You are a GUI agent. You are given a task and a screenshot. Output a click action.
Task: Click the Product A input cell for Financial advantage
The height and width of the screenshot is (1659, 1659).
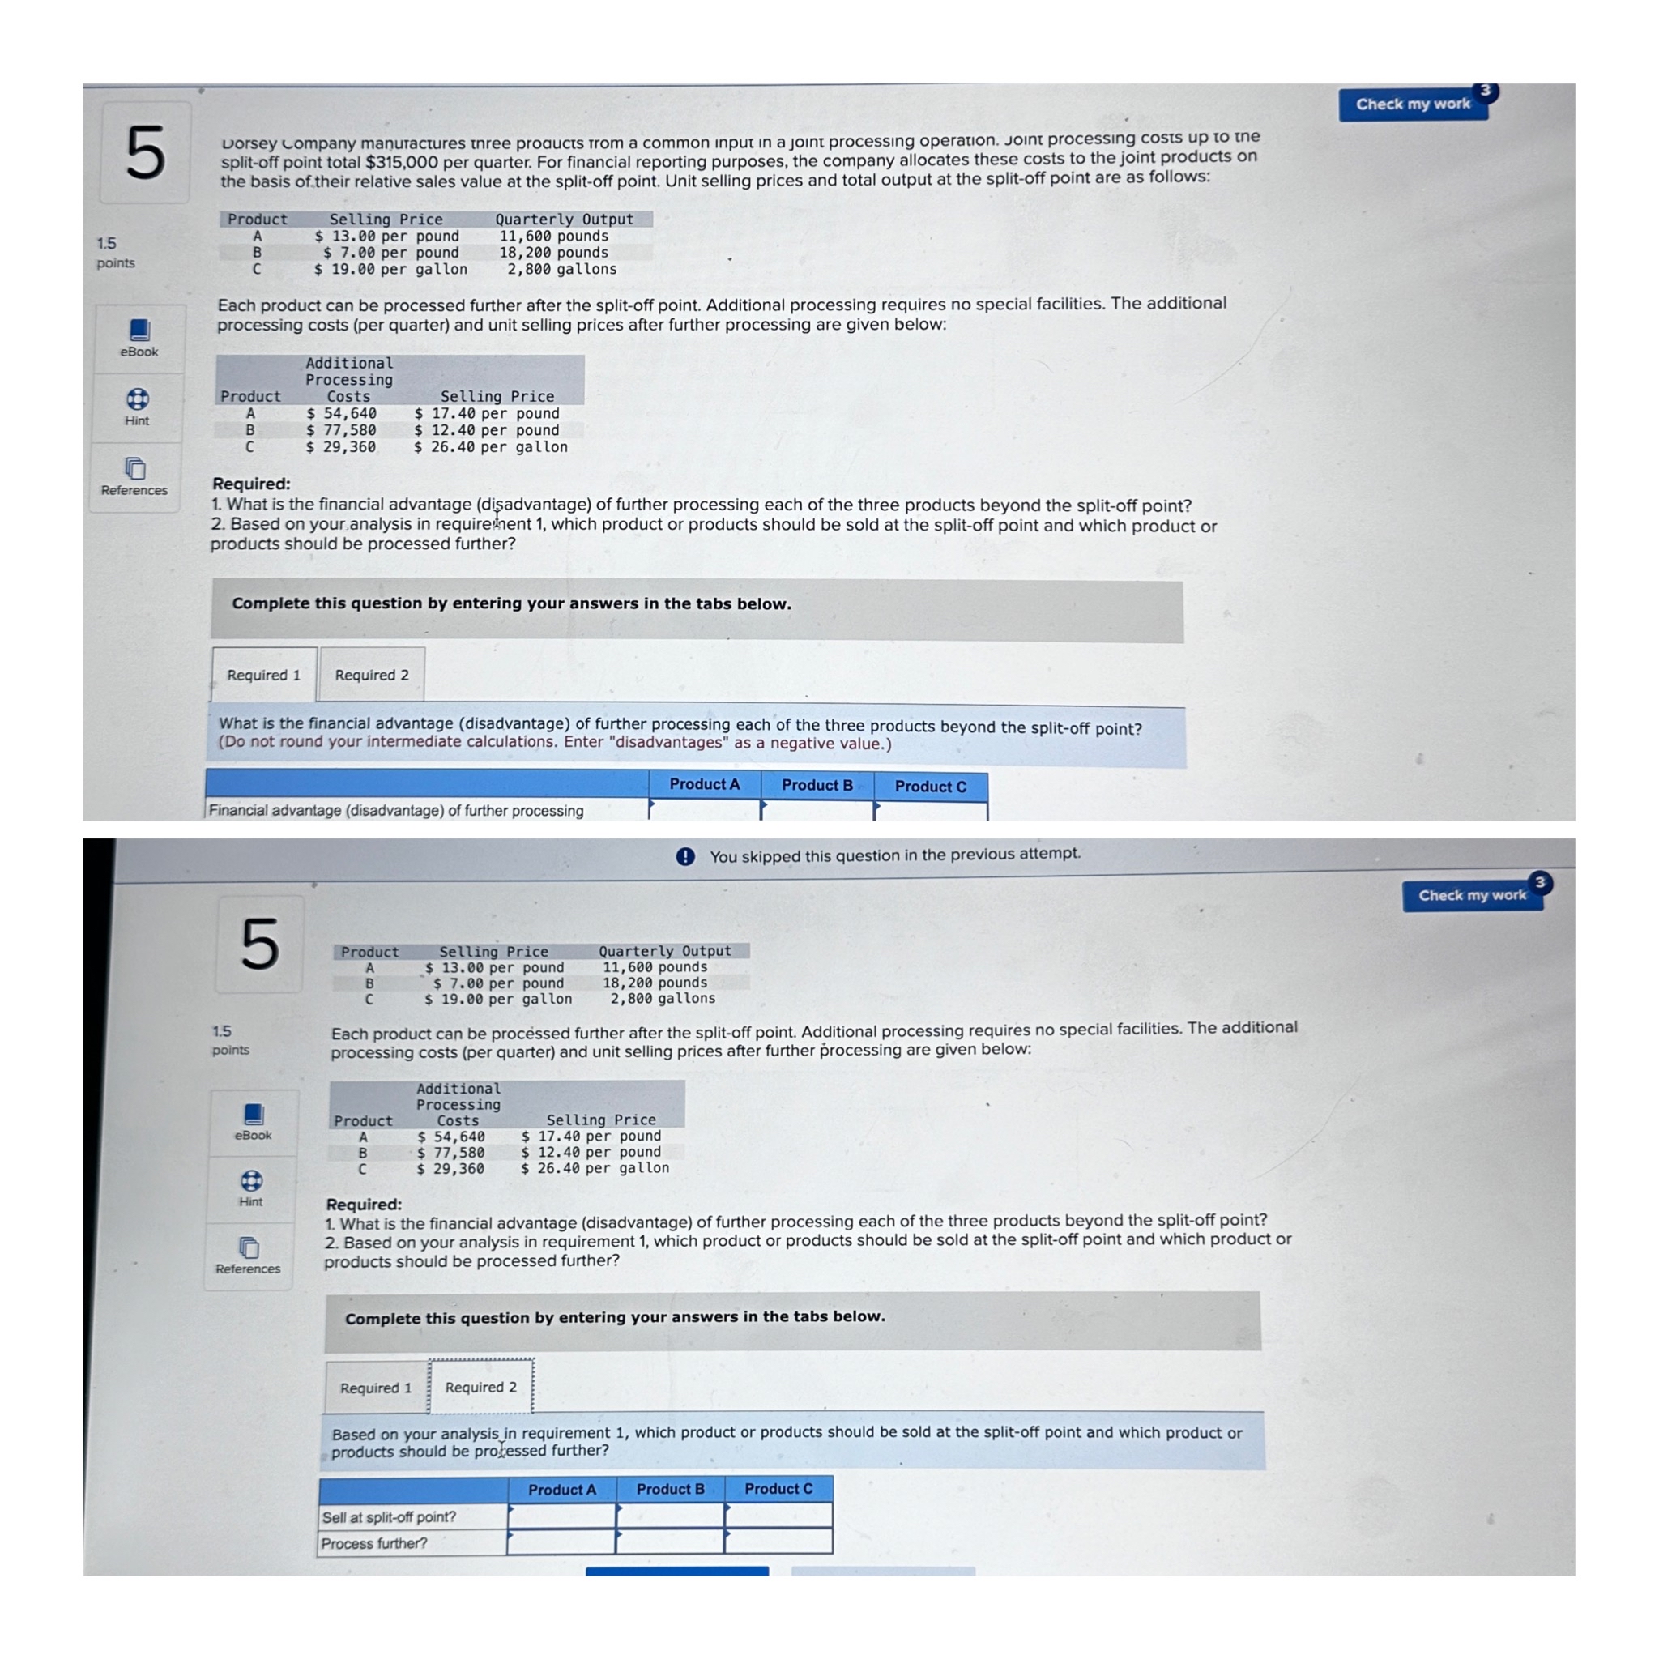point(705,810)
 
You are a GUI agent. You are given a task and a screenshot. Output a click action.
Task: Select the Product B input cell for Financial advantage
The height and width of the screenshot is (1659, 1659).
point(817,810)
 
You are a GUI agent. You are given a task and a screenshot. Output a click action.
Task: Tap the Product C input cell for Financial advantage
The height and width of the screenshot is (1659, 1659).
point(931,811)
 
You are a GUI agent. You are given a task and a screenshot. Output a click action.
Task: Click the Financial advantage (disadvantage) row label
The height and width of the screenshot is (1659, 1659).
point(396,810)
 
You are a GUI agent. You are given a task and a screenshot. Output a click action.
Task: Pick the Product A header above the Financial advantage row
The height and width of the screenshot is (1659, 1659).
point(704,784)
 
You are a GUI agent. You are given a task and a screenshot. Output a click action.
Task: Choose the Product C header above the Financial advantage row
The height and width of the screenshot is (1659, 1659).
point(930,787)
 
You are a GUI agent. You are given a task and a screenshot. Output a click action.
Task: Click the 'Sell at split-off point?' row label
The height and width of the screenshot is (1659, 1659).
point(389,1517)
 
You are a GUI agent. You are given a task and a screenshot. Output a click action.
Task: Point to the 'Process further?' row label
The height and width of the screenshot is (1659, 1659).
point(374,1543)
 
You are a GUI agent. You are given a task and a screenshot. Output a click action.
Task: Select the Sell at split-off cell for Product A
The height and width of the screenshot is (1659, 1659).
point(562,1516)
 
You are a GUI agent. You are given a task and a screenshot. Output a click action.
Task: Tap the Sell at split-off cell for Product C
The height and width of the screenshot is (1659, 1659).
point(778,1515)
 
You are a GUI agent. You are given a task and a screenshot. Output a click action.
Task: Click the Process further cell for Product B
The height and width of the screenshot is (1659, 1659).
point(671,1542)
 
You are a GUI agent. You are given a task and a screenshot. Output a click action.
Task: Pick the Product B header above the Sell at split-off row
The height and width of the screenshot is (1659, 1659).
point(671,1489)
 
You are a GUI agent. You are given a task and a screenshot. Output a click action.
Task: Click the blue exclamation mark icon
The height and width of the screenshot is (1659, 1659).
point(685,856)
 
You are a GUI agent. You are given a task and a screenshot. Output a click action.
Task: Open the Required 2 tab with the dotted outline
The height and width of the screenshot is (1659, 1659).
point(481,1387)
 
